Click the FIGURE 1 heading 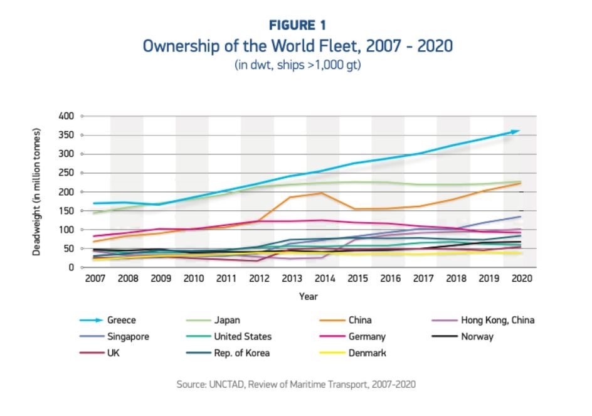coord(297,25)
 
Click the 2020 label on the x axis coord(518,278)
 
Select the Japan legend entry coord(227,321)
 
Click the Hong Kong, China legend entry coord(497,321)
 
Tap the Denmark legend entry coord(369,353)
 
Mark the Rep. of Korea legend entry coord(241,353)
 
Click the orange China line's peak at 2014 coord(322,193)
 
